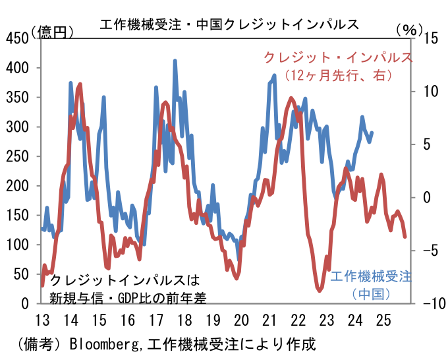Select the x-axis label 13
pyautogui.click(x=41, y=320)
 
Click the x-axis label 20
pyautogui.click(x=241, y=320)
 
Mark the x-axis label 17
pyautogui.click(x=155, y=320)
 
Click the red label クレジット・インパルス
pyautogui.click(x=338, y=57)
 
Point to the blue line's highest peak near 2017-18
pyautogui.click(x=175, y=61)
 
